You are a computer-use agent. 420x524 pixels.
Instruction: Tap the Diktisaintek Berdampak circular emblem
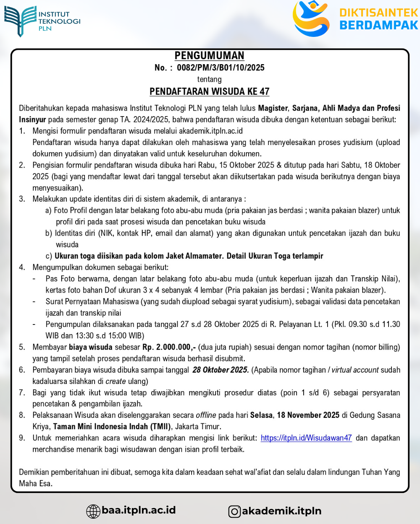point(311,19)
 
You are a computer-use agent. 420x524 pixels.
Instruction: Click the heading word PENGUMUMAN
point(209,56)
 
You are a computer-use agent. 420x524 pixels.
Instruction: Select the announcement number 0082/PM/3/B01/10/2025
point(220,67)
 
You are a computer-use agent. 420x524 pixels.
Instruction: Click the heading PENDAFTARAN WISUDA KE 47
point(209,91)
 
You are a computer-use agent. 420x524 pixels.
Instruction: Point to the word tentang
point(209,79)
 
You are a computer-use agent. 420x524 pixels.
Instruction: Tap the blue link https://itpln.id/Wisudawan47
point(306,438)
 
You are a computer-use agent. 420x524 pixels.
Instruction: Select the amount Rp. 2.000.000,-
point(169,347)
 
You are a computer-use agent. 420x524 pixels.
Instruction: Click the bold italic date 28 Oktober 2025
point(220,370)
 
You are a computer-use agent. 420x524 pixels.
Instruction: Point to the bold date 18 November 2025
point(308,415)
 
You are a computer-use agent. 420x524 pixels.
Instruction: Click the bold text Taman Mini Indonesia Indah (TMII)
point(112,426)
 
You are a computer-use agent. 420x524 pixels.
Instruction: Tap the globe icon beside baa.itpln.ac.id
point(93,511)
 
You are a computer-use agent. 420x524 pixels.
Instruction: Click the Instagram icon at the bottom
point(234,511)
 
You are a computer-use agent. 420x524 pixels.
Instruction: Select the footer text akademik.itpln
point(281,511)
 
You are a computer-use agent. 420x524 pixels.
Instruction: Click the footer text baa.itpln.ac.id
point(139,510)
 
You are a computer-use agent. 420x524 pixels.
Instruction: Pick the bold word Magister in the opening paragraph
point(273,108)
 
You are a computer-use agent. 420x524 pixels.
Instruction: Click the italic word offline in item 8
point(206,415)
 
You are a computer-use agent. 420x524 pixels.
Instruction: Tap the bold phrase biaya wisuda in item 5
point(91,347)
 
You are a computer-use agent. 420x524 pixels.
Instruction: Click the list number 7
point(22,393)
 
